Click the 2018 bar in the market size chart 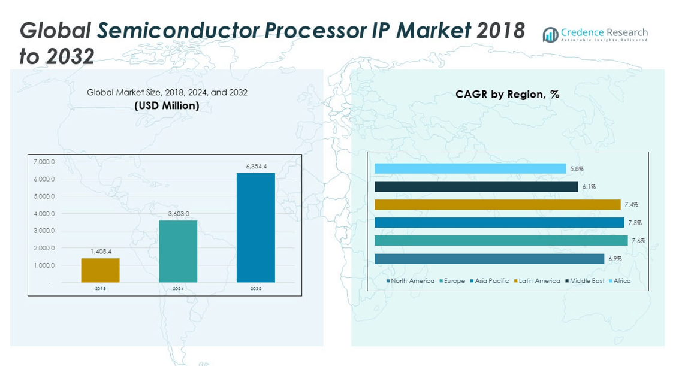click(x=100, y=270)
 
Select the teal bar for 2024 click(x=178, y=252)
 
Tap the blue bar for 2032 click(x=256, y=228)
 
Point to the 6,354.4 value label click(x=256, y=167)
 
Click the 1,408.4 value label click(x=101, y=252)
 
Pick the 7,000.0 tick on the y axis click(x=44, y=162)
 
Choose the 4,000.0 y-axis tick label click(x=44, y=214)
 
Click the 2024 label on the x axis click(x=178, y=289)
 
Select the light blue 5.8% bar click(x=470, y=169)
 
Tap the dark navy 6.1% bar click(x=476, y=187)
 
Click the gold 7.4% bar click(x=497, y=205)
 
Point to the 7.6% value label click(x=638, y=241)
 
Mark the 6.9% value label click(x=615, y=259)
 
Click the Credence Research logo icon click(x=550, y=35)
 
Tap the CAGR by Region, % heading click(x=507, y=94)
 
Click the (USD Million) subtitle click(x=167, y=106)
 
